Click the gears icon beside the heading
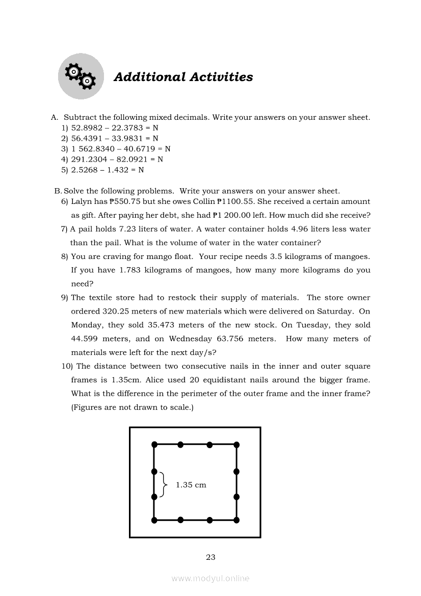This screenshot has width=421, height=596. [81, 76]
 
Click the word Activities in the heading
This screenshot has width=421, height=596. [221, 77]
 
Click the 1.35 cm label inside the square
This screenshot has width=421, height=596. [191, 485]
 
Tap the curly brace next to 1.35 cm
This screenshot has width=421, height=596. [163, 484]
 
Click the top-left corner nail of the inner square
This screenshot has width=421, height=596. [154, 445]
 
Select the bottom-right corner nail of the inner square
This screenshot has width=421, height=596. [236, 520]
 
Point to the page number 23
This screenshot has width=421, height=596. [210, 557]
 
